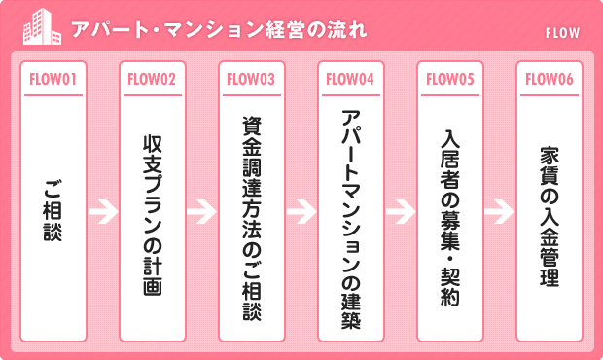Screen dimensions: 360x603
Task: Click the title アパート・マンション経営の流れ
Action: pos(219,28)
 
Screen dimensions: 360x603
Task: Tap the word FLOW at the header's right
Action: pos(563,33)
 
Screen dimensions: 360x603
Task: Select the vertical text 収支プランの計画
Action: pos(152,214)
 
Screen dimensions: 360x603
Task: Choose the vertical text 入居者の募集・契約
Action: pos(449,214)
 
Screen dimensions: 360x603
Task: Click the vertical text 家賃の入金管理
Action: pos(549,214)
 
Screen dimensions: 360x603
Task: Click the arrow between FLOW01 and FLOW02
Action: pos(102,210)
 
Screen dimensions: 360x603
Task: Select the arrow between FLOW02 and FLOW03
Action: pos(201,210)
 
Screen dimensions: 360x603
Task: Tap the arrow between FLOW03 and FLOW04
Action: pos(301,210)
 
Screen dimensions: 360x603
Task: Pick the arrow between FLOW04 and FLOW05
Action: pos(400,210)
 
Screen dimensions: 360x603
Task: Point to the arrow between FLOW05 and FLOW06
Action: pos(499,210)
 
